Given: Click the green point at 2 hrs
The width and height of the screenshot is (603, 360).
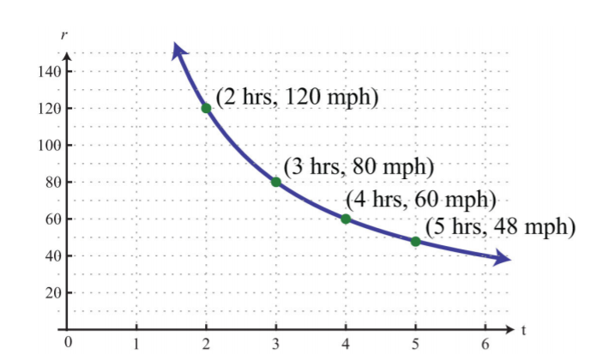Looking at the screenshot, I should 206,108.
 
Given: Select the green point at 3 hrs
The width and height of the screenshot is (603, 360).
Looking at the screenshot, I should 276,182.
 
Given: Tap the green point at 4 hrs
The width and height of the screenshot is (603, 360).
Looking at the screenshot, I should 346,219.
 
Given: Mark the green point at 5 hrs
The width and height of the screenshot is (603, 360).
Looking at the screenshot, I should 415,242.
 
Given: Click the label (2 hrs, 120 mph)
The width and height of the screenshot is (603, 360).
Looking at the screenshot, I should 297,96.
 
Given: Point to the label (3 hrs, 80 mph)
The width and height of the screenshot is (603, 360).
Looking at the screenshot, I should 359,167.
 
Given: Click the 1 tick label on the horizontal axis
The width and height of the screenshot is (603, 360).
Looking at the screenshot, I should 136,345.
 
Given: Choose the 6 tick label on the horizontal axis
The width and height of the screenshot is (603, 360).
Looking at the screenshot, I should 485,345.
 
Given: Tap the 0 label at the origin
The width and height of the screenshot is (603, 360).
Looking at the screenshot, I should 66,344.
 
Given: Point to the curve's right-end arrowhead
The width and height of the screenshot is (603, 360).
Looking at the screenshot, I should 502,258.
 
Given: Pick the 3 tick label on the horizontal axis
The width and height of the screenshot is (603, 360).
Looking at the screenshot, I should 276,345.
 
